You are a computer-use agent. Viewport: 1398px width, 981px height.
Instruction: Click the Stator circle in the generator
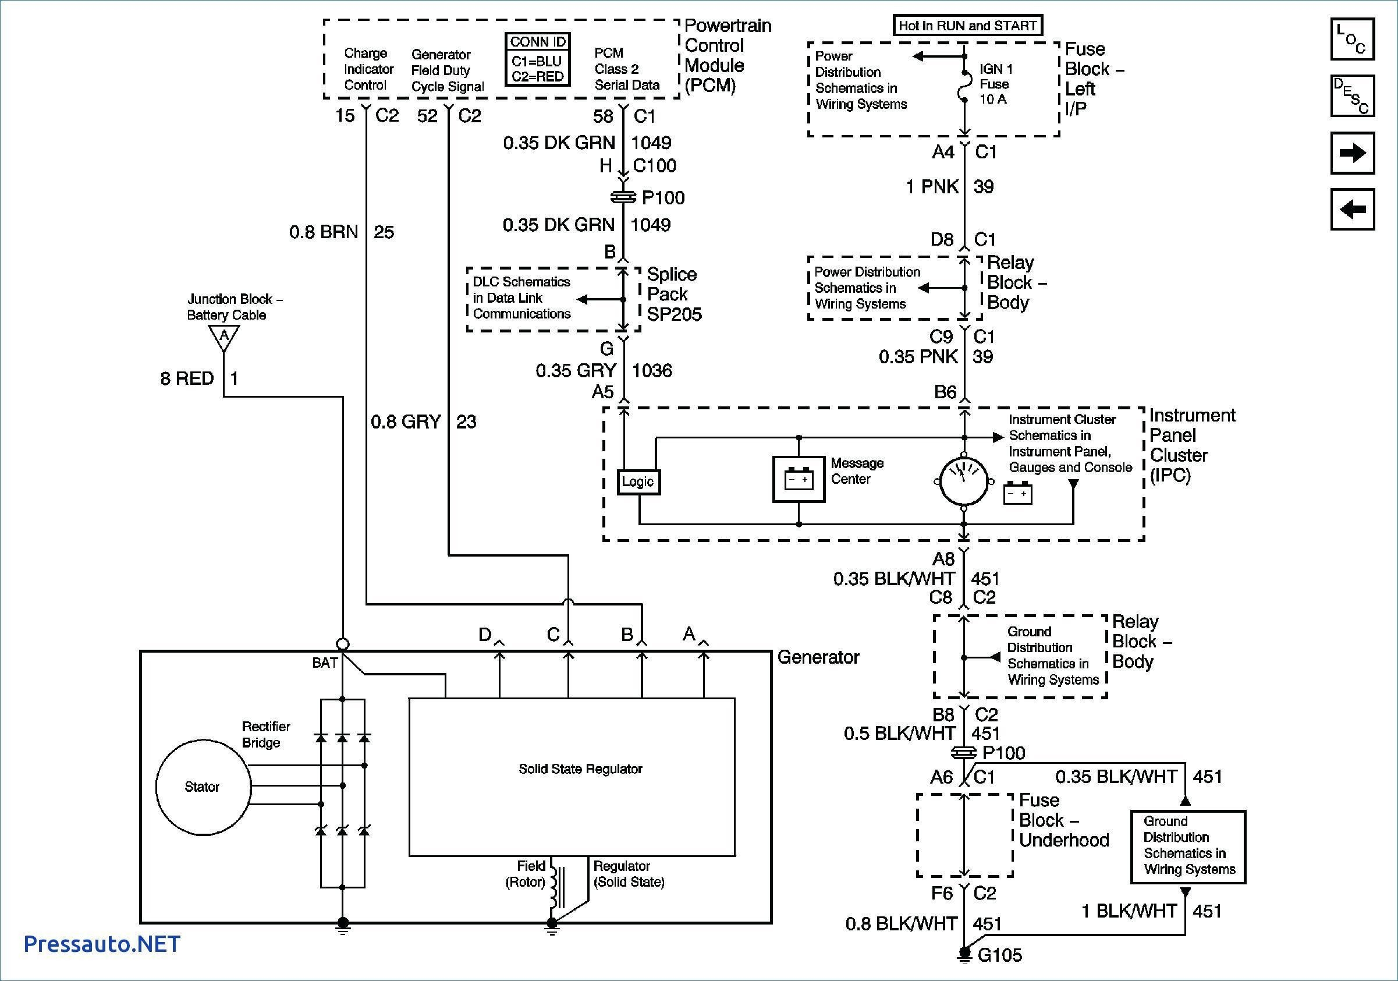pos(203,787)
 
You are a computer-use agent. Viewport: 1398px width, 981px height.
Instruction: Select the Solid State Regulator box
pos(572,777)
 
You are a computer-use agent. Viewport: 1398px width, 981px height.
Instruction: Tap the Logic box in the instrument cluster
pos(638,481)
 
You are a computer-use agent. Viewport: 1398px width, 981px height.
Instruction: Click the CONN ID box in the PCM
pos(538,59)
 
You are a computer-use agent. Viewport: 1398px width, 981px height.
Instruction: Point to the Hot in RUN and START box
pos(967,26)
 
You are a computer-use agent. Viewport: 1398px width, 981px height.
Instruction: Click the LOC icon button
pos(1351,39)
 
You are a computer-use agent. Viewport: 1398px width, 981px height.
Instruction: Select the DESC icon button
pos(1351,95)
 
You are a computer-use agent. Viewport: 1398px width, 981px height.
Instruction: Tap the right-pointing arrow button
pos(1351,153)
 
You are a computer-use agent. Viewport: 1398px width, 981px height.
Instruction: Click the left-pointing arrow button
pos(1351,210)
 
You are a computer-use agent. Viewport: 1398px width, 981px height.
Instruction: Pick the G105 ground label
pos(999,955)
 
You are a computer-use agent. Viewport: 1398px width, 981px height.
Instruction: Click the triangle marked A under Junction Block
pos(224,337)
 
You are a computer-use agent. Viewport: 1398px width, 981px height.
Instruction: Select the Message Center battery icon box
pos(799,480)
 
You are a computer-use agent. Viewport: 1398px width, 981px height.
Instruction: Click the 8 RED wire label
pos(187,379)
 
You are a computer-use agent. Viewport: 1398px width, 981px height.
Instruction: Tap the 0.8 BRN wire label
pos(324,232)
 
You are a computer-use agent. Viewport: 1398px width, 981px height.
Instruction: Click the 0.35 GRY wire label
pos(576,370)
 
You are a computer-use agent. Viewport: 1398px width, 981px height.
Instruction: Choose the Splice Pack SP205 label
pos(673,294)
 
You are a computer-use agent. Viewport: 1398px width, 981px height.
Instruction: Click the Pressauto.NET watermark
pos(102,944)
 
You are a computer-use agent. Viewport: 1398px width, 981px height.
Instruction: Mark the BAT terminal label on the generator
pos(325,663)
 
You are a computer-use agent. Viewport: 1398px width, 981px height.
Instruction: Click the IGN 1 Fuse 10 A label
pos(995,84)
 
